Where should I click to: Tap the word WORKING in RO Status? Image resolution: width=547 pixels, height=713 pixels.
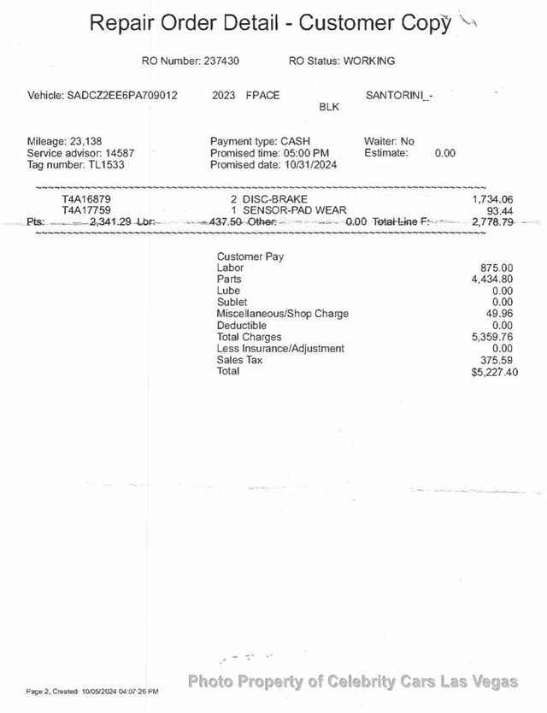coord(368,61)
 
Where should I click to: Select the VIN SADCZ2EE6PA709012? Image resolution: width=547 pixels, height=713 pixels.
coord(122,96)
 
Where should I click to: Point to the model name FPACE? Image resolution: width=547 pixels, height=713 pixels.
coord(263,96)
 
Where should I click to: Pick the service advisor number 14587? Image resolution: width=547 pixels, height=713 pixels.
coord(119,153)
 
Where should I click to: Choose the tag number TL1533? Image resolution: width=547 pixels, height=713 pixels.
coord(105,164)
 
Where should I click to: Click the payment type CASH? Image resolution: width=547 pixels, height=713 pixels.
coord(295,141)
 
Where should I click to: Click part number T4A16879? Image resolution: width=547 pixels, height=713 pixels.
coord(86,198)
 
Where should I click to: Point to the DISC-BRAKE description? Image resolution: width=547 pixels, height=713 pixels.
coord(274,198)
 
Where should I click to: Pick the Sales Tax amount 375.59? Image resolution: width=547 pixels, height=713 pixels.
coord(497,360)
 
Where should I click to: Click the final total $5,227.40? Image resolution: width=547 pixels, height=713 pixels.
coord(494,372)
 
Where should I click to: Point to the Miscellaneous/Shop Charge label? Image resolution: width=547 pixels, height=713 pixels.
coord(282,314)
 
